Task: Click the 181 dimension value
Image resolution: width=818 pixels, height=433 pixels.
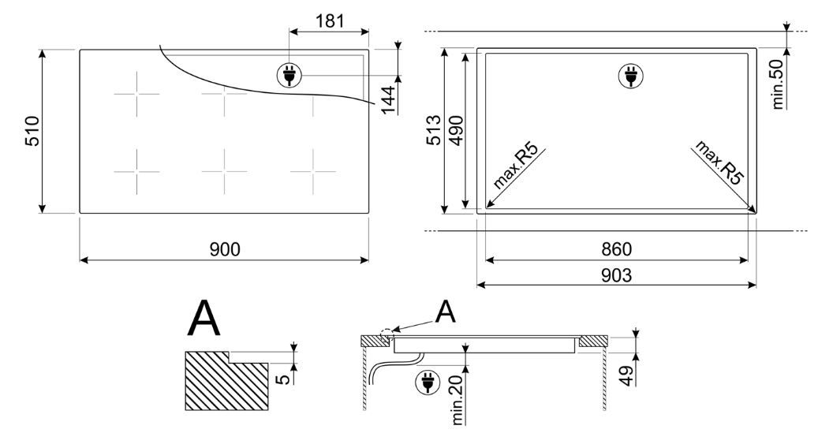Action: [x=330, y=21]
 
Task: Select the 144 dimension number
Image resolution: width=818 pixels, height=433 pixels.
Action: [x=388, y=99]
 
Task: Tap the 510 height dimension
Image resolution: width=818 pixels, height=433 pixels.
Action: [x=32, y=131]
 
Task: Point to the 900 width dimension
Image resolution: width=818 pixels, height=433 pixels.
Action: [x=225, y=249]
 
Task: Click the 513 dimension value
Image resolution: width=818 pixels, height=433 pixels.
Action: [x=434, y=130]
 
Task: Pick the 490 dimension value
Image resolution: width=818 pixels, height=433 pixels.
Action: [x=456, y=130]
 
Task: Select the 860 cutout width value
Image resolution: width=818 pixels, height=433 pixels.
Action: [x=616, y=249]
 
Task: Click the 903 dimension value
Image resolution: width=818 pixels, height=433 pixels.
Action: [x=616, y=275]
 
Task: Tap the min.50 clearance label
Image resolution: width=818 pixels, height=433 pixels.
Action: [x=779, y=84]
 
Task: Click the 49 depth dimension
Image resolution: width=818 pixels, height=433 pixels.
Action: [x=628, y=375]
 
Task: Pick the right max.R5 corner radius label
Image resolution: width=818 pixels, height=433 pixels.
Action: [x=719, y=162]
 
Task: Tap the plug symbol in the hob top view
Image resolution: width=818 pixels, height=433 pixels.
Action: [x=289, y=76]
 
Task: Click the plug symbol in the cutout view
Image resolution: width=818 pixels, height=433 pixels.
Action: [x=630, y=77]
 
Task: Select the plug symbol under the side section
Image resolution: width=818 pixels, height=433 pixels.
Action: [x=428, y=382]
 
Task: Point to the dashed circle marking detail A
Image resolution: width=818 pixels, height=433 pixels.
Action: [x=387, y=335]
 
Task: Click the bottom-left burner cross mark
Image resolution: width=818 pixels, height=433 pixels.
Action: [x=136, y=171]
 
